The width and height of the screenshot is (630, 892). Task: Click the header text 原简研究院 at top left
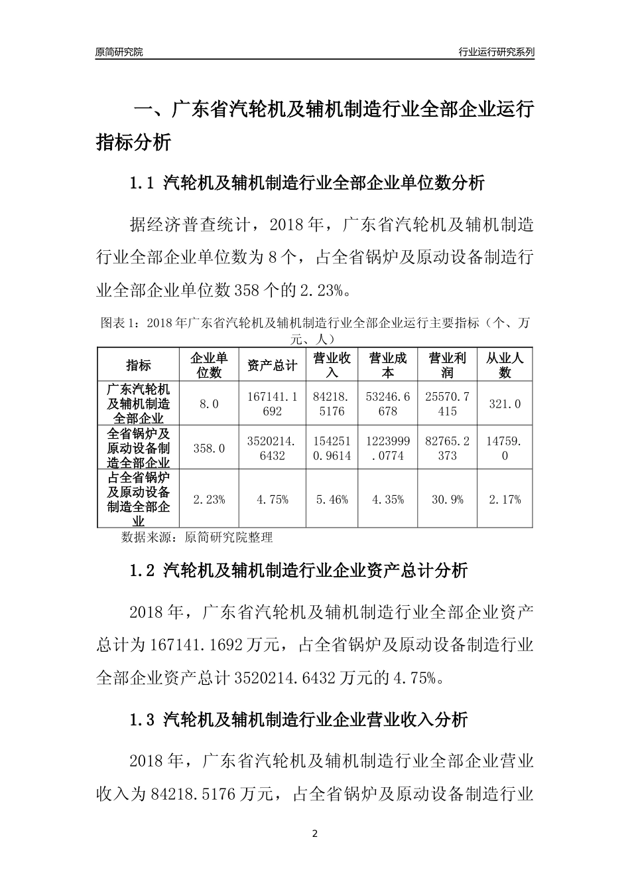click(119, 52)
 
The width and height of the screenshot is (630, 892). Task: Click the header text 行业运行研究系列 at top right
click(496, 52)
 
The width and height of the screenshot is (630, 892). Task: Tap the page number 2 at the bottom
click(315, 834)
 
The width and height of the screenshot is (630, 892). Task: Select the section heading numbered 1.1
click(308, 183)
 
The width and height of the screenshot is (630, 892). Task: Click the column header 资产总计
click(272, 364)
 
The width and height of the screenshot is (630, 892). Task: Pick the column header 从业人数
click(505, 364)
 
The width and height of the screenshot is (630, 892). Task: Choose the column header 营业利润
click(448, 364)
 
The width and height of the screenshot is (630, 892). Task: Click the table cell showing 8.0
click(209, 404)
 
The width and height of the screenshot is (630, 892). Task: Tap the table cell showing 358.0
click(209, 448)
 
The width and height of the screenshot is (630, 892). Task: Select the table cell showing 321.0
click(505, 404)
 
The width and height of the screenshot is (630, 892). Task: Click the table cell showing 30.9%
click(448, 499)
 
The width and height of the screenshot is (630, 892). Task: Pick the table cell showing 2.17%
click(505, 499)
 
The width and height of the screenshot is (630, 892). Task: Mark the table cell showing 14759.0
click(505, 448)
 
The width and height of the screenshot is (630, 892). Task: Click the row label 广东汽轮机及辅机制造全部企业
click(139, 404)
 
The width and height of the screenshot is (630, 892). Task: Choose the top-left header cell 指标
click(139, 364)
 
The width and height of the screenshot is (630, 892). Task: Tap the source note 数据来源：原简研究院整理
click(197, 537)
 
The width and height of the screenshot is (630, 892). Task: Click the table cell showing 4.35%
click(388, 499)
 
